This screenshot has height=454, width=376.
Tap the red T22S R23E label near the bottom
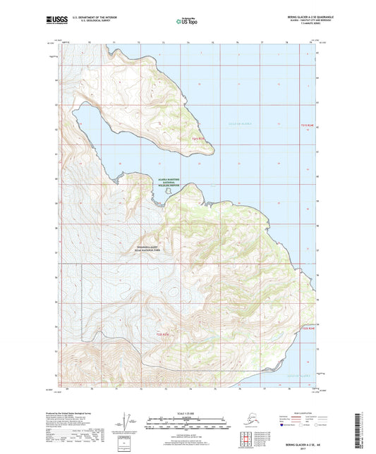pyautogui.click(x=164, y=333)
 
